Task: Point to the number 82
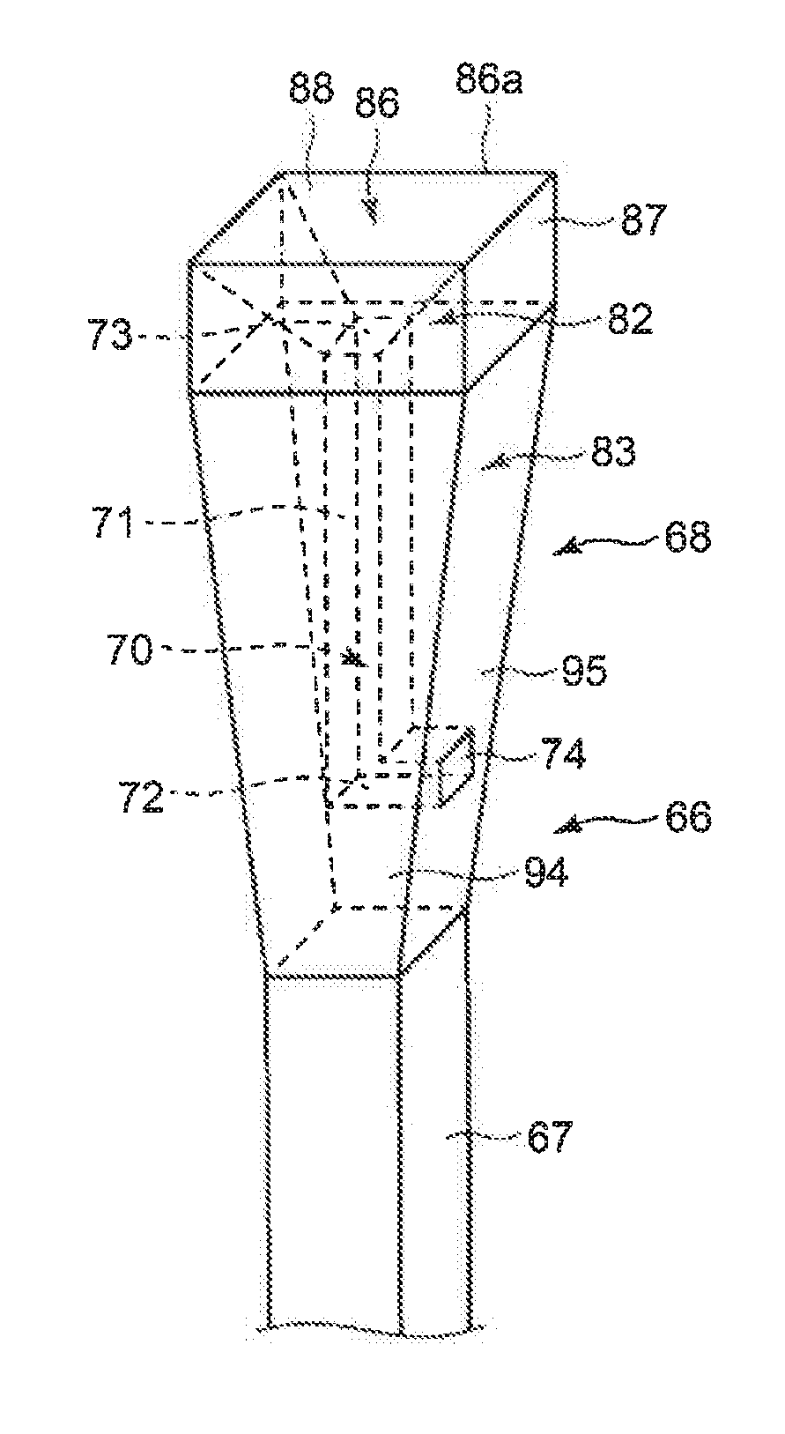[x=629, y=319]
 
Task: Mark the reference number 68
[x=687, y=537]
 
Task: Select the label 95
[x=584, y=672]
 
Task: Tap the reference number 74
[x=561, y=755]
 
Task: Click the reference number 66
[x=687, y=817]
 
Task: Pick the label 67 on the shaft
[x=551, y=1138]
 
